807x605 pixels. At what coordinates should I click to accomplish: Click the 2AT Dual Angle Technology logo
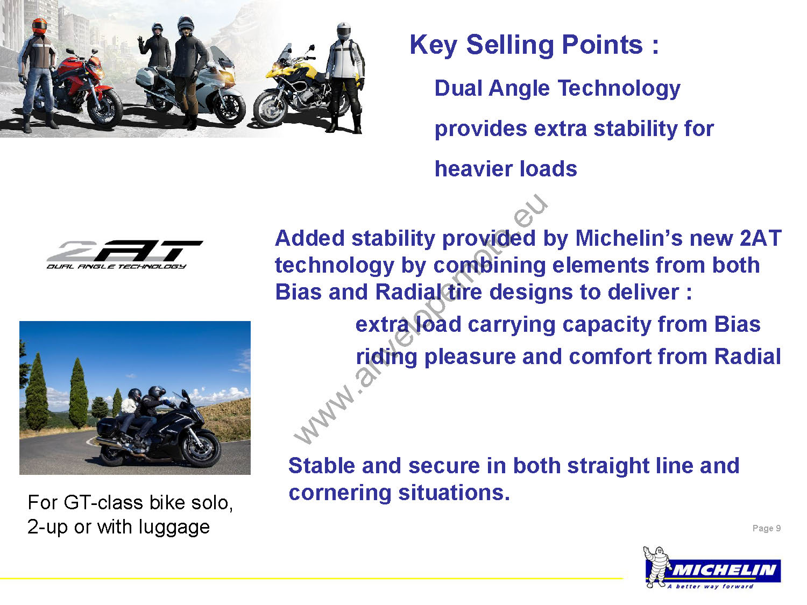pos(124,255)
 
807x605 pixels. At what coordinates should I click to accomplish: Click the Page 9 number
pos(767,528)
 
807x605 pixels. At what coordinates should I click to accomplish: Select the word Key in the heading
pos(434,45)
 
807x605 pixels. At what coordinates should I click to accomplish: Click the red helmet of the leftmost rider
pos(39,26)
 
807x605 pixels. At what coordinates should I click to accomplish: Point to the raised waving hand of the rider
pos(140,42)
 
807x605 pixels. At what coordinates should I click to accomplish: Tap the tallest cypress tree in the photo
pos(79,393)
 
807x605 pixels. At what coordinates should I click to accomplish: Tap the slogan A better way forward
pos(710,587)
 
